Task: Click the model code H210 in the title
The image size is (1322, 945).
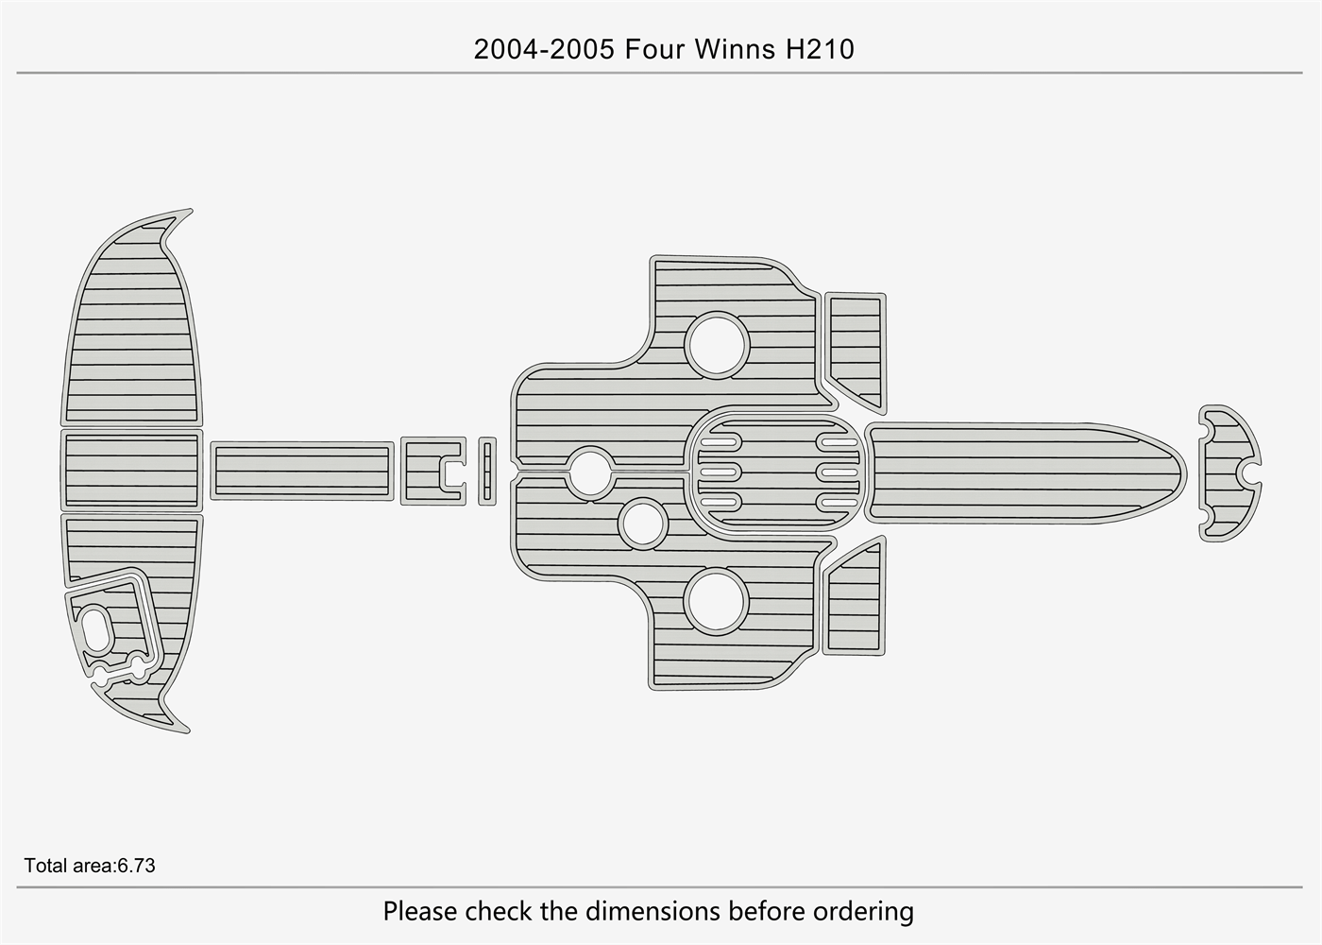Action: pos(820,49)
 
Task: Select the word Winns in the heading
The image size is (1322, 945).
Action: pos(734,49)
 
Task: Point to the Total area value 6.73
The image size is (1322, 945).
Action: pos(136,866)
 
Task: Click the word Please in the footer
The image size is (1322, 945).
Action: pos(421,912)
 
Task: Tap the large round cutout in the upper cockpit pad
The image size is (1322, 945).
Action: pos(718,345)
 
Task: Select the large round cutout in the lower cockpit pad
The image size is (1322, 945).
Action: pos(717,601)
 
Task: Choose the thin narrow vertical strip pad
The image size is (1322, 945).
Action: pos(487,471)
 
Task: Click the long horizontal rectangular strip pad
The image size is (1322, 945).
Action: pos(302,471)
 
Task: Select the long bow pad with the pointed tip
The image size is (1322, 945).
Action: pos(1020,472)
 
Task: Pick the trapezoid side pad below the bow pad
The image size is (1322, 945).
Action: pos(855,600)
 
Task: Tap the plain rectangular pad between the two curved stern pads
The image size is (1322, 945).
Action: pos(131,470)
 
